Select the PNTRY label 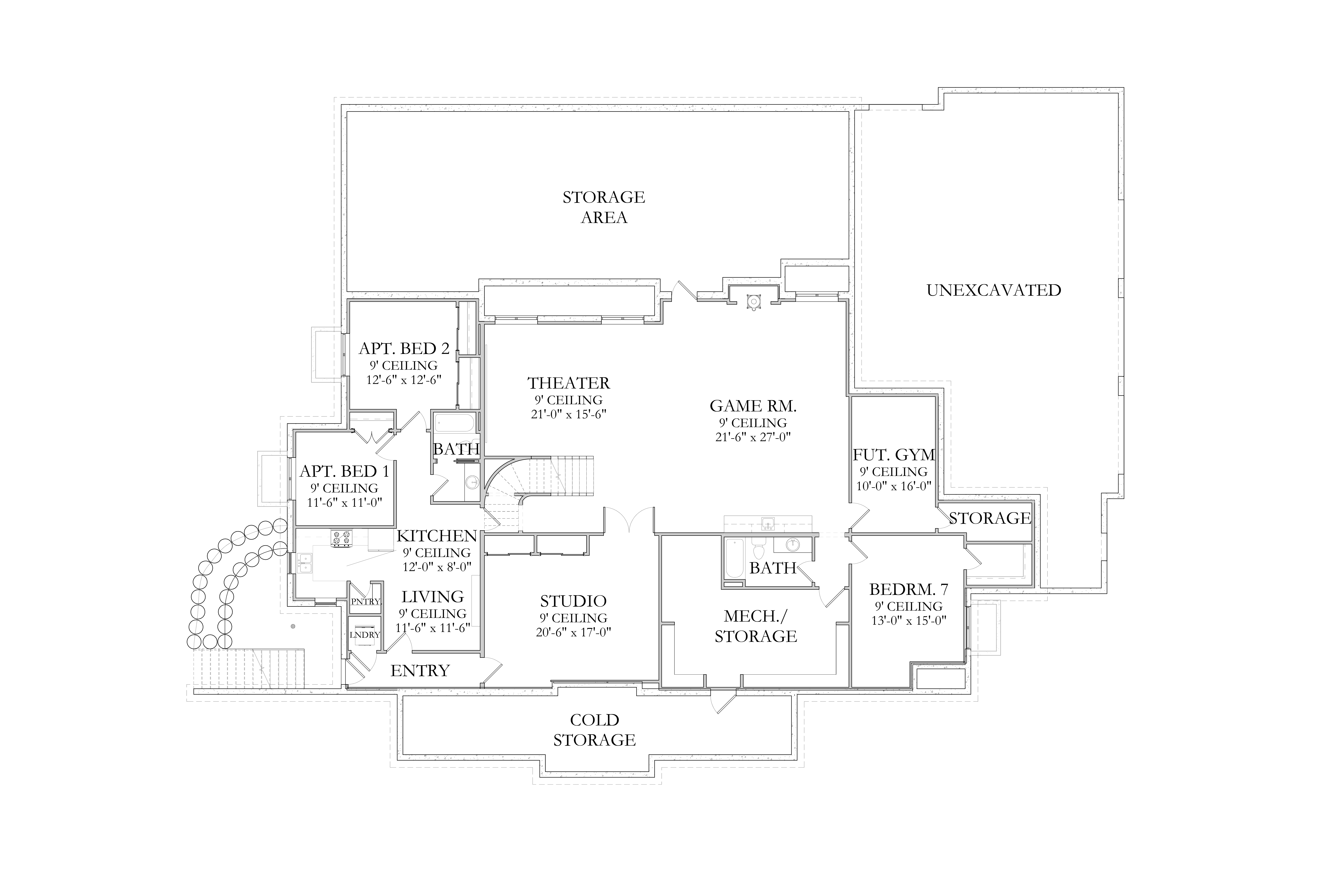point(366,602)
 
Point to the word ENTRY point(420,671)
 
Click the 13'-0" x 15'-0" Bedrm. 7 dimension point(908,620)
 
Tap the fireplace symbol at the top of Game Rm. point(754,302)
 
